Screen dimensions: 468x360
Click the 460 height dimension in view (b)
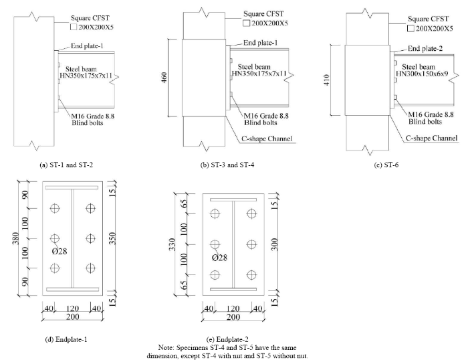coord(164,78)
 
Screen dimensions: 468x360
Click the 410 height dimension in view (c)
coord(327,80)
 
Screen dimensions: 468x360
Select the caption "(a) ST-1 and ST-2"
coord(66,165)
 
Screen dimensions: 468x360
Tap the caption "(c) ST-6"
coord(386,165)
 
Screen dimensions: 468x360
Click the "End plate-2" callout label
coord(425,48)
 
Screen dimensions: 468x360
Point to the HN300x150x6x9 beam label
coord(422,74)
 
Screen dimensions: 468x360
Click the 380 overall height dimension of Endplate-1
coord(16,238)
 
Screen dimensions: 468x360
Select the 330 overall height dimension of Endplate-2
coord(172,244)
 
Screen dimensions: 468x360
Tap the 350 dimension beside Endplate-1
coord(112,238)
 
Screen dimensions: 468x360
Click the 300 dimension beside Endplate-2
coord(275,244)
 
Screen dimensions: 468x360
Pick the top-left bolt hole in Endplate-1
coord(55,208)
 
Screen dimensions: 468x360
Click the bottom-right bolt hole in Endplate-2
coord(251,275)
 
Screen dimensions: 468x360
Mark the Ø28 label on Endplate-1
coord(60,251)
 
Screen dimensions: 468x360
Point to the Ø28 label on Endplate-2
coord(220,258)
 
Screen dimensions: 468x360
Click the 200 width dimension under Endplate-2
coord(233,317)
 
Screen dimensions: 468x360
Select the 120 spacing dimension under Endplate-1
coord(72,308)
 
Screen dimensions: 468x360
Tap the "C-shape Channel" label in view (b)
coord(267,139)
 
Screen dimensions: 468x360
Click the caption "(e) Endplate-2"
coord(227,339)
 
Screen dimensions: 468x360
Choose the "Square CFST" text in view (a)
coord(90,18)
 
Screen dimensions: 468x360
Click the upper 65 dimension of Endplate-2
coord(185,203)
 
